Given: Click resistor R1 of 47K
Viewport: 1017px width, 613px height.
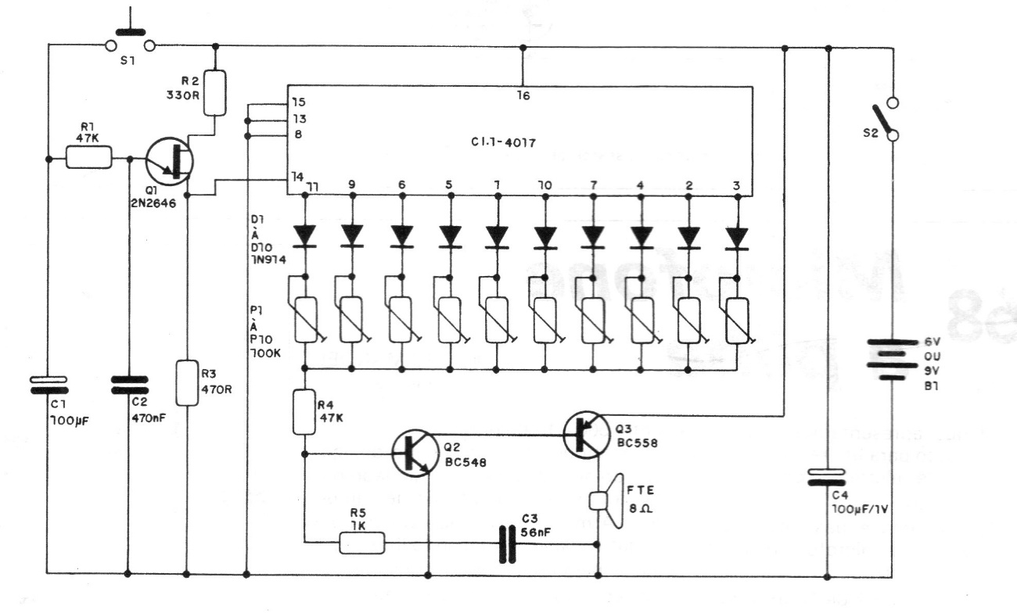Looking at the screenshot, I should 88,159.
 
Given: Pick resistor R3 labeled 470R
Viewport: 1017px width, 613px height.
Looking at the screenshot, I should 186,382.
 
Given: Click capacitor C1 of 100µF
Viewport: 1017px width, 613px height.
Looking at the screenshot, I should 49,385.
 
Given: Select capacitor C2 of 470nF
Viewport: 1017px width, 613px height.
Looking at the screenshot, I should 128,385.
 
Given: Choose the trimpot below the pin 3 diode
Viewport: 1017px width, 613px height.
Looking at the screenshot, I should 738,320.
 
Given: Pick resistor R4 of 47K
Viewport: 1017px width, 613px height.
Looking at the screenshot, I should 304,412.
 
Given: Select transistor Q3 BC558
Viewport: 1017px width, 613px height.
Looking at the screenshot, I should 584,435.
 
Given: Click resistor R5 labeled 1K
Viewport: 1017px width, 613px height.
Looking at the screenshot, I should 362,542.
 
